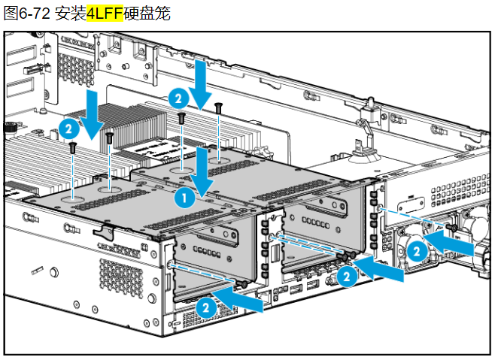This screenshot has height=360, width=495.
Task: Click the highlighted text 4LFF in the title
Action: [105, 14]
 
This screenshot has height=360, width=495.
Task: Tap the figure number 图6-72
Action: [27, 14]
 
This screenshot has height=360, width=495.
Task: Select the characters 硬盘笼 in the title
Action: [147, 14]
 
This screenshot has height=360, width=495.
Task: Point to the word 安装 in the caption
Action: [71, 14]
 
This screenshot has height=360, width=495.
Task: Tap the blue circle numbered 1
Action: [184, 198]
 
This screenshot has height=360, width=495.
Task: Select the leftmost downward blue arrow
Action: [92, 114]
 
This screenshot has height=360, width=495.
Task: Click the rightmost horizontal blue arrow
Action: [449, 244]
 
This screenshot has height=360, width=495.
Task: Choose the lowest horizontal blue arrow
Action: [238, 300]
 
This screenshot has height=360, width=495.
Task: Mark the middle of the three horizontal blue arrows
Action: [379, 269]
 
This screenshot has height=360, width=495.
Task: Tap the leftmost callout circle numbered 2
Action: [69, 129]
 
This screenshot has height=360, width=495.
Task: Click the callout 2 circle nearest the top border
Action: [179, 98]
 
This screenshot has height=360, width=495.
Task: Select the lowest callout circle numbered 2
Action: [206, 307]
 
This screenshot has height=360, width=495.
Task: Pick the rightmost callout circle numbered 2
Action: [417, 252]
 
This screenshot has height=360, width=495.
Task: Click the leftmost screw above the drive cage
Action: [73, 147]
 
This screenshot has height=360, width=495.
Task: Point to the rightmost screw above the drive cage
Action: [218, 108]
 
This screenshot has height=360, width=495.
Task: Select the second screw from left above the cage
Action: [109, 138]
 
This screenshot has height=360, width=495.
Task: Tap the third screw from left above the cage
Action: [181, 119]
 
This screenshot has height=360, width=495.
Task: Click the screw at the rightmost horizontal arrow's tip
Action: [453, 228]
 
